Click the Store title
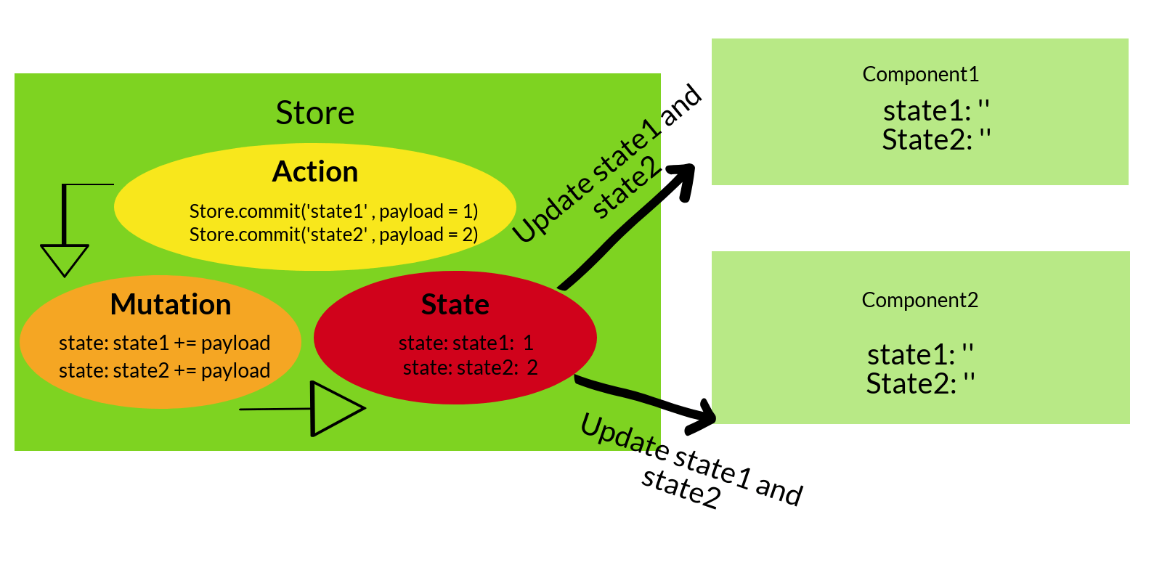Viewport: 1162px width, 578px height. pos(315,113)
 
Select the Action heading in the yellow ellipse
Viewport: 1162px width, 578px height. pos(315,172)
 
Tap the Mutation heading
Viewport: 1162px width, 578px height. pos(171,304)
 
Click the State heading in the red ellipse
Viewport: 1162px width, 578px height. pos(455,304)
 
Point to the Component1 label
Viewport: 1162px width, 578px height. pos(920,74)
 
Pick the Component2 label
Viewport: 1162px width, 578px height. pos(919,300)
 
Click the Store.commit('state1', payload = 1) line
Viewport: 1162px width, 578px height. pos(333,211)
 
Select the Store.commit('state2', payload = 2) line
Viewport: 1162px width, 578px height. pos(333,235)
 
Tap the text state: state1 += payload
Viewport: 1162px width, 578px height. pos(164,343)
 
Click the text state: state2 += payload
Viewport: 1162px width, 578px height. pos(164,370)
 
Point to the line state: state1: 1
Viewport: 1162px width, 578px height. pos(466,343)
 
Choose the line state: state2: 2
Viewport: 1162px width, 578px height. pos(470,367)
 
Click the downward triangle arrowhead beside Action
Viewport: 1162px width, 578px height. pos(65,259)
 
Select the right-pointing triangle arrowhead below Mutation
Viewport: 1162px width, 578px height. pos(336,408)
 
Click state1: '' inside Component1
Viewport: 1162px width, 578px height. pos(936,111)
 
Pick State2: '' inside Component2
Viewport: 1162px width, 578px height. pos(920,383)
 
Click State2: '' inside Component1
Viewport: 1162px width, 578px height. pos(936,139)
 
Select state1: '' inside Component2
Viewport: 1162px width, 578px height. pos(920,355)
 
